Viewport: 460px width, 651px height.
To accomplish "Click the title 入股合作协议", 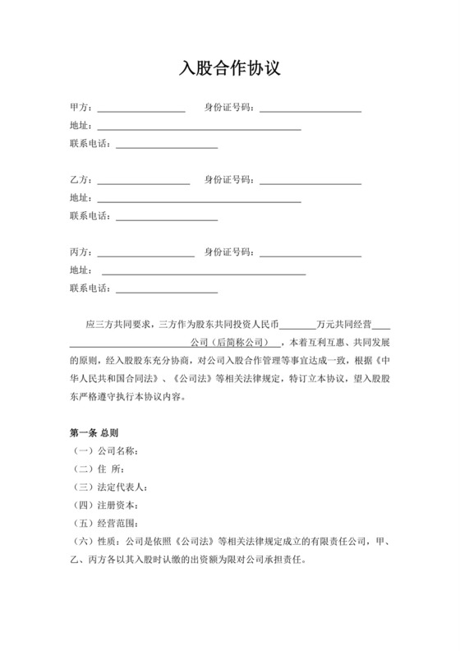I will tap(230, 68).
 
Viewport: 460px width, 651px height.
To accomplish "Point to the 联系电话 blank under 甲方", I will tap(167, 146).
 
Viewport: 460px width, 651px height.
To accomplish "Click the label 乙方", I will tap(80, 180).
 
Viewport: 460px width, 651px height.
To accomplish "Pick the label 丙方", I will tap(80, 252).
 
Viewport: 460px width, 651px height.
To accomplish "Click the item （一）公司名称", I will tap(105, 450).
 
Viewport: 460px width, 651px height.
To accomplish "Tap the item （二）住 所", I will tap(99, 469).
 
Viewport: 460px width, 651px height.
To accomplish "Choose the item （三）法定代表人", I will tap(111, 487).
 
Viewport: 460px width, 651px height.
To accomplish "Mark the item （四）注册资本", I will tap(105, 505).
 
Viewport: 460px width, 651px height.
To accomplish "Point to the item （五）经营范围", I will tap(105, 523).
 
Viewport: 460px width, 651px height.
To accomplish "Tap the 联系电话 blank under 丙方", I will tap(167, 290).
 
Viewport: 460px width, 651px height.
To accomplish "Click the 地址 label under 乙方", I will tap(80, 198).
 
